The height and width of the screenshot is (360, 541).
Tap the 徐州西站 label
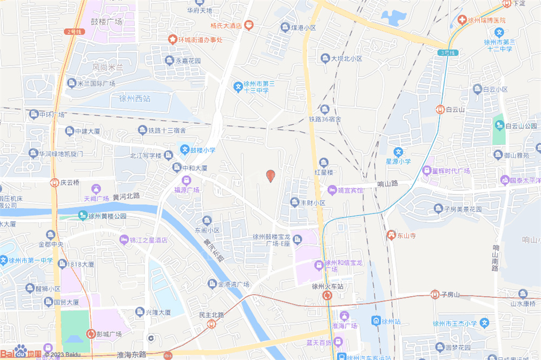pos(135,99)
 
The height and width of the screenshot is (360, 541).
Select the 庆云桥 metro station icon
pos(54,183)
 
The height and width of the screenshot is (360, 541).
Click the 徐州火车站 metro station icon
pos(327,296)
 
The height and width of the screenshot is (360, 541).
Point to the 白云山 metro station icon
pos(440,109)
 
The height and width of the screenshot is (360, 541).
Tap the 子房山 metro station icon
pos(434,294)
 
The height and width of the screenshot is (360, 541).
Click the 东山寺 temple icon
pos(391,235)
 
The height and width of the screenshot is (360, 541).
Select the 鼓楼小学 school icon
pos(184,150)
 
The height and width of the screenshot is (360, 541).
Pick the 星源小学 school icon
pos(398,152)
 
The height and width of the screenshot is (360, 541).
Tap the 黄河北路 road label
pos(127,196)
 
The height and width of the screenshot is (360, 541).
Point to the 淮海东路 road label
pos(131,355)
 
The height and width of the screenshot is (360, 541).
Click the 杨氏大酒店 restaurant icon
pos(248,25)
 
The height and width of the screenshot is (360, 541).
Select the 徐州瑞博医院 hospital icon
pos(463,20)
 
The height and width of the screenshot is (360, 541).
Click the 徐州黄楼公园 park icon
pos(83,216)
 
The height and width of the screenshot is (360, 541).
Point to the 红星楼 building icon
pos(324,163)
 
